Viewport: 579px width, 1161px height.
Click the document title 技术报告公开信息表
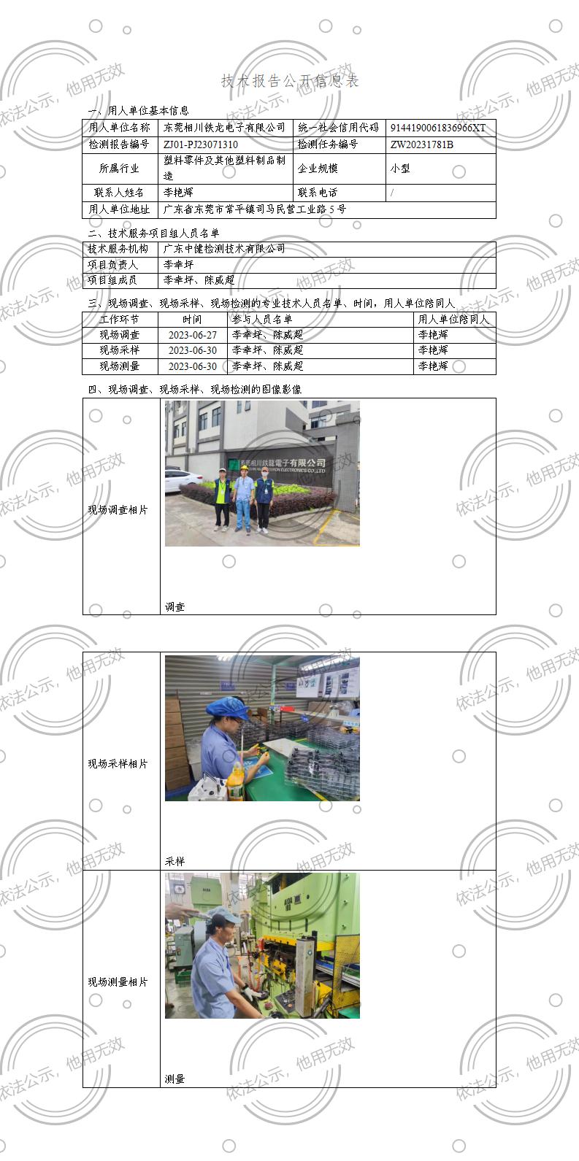coord(290,81)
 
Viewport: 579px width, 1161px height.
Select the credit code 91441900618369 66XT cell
coord(438,128)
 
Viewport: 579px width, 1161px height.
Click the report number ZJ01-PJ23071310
coord(201,144)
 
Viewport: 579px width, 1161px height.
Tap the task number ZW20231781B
coord(422,144)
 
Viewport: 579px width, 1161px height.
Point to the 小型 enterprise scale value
coord(400,168)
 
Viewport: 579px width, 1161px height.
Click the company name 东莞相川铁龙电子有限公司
coord(225,128)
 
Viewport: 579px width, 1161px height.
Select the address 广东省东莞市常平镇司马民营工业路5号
coord(255,209)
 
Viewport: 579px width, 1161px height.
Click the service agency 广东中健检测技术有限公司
coord(224,249)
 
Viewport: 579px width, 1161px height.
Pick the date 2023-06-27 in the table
coord(193,335)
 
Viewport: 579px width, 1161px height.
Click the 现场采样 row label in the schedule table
coord(120,350)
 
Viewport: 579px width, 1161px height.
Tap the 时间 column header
coord(193,320)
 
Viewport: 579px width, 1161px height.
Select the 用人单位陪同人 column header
coord(453,320)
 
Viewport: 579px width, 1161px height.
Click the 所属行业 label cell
coord(120,168)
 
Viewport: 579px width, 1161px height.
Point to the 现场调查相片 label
coord(118,510)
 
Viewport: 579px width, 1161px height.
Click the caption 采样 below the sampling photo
coord(175,861)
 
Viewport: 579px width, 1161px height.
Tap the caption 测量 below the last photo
coord(175,1079)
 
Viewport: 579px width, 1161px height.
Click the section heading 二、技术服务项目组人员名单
coord(153,234)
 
